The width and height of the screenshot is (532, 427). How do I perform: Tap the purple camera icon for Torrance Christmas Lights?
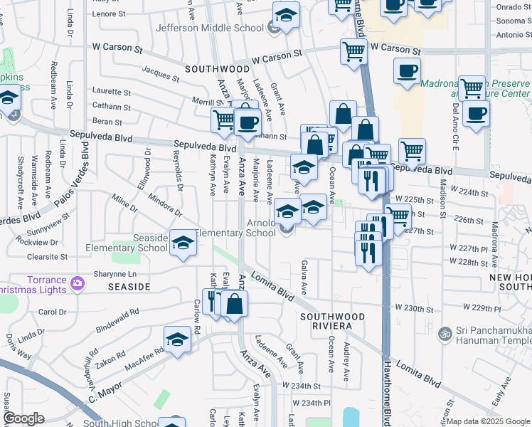pyautogui.click(x=78, y=285)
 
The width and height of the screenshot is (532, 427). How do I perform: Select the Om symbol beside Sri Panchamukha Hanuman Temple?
pyautogui.click(x=445, y=332)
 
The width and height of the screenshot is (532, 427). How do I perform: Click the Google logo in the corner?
pyautogui.click(x=23, y=418)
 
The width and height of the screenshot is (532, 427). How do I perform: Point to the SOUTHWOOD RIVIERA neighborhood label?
pyautogui.click(x=332, y=320)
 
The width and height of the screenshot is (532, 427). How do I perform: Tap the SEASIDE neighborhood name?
pyautogui.click(x=129, y=286)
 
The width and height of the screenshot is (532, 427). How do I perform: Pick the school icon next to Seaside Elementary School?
pyautogui.click(x=183, y=243)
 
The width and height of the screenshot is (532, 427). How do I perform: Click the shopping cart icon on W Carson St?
pyautogui.click(x=353, y=52)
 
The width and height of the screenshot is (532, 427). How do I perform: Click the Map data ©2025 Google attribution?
pyautogui.click(x=488, y=421)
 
